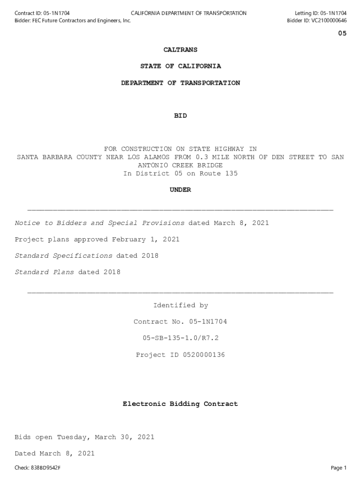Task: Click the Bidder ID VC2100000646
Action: coord(328,21)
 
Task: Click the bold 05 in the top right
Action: coord(342,34)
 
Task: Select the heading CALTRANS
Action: coord(180,50)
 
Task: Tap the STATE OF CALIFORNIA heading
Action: coord(180,66)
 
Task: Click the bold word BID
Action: coord(180,116)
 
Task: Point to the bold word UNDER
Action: coord(180,190)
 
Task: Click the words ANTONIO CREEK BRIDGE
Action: coord(180,165)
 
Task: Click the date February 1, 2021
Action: coord(145,240)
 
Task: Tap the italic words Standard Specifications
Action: coord(63,256)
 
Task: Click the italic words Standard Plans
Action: coord(44,272)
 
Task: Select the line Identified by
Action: coord(180,306)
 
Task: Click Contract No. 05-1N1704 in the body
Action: coord(180,322)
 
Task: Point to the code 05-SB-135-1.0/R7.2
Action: coord(180,338)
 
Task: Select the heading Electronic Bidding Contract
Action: coord(180,404)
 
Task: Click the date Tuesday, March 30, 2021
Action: coord(105,437)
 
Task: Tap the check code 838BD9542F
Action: coord(45,468)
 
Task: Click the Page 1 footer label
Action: coord(338,468)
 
